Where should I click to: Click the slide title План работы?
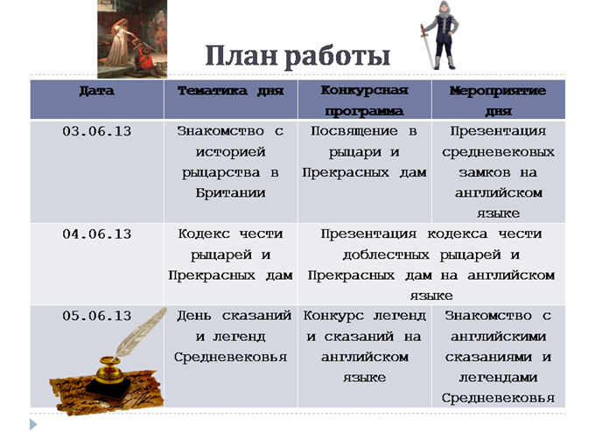tap(297, 57)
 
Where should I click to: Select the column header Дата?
tap(97, 91)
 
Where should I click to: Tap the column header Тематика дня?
tap(231, 91)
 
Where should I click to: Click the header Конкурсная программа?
tap(364, 101)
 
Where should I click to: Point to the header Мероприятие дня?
tap(498, 101)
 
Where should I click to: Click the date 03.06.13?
tap(97, 131)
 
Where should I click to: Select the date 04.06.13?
tap(97, 234)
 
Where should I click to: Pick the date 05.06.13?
tap(97, 316)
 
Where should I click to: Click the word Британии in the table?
tap(231, 193)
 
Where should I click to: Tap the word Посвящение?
tap(354, 132)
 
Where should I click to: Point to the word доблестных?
tap(386, 255)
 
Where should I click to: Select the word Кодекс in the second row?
tap(204, 234)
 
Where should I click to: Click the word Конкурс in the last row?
tap(333, 317)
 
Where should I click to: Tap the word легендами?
tap(498, 378)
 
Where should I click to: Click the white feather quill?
tap(140, 331)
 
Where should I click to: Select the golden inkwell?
tap(110, 370)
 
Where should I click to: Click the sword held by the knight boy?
tap(426, 45)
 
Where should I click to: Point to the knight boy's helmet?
tap(443, 9)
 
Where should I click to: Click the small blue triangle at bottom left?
tap(33, 424)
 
